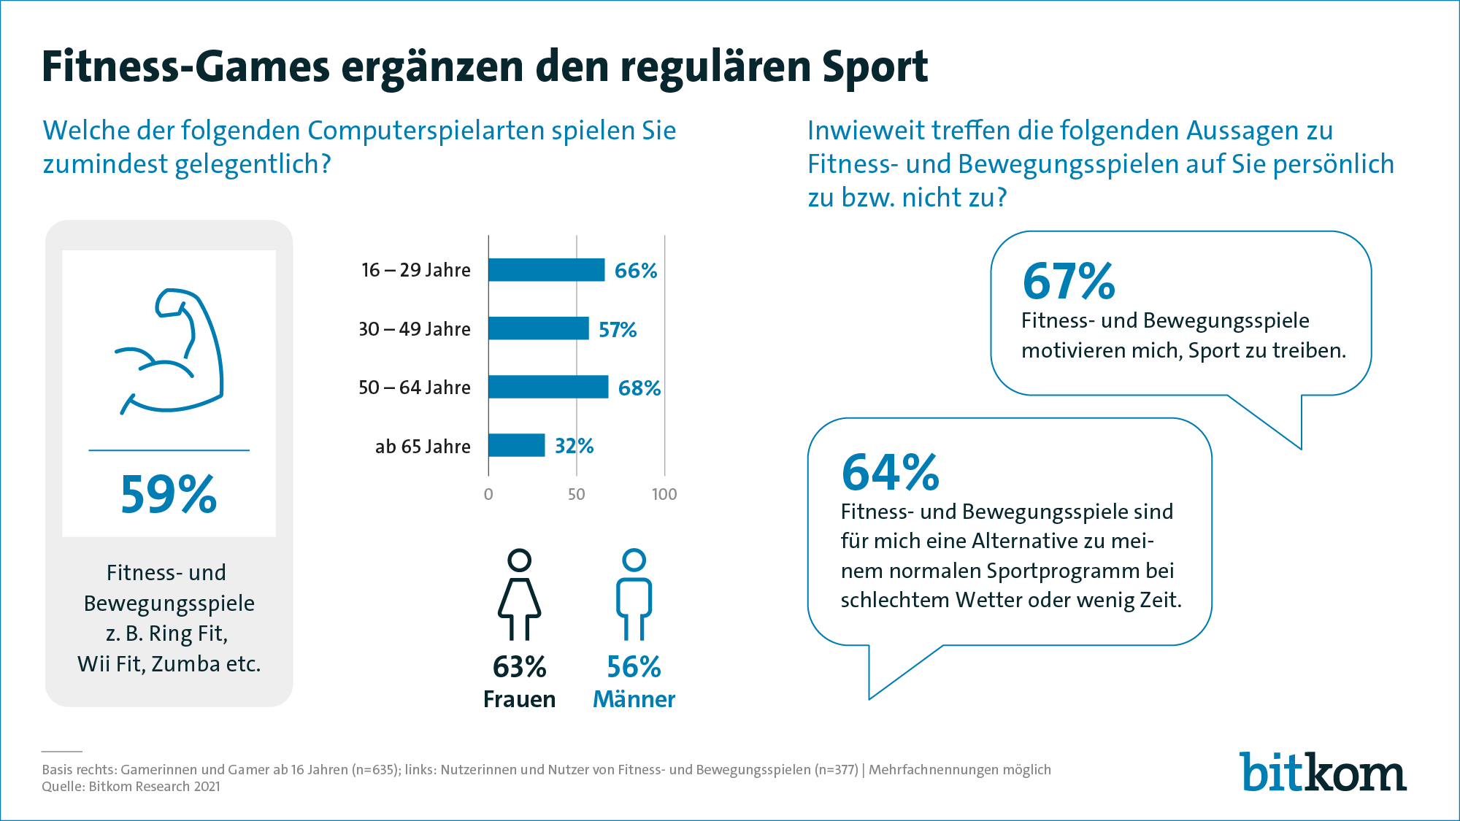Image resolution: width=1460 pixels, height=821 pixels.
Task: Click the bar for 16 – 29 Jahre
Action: click(x=546, y=270)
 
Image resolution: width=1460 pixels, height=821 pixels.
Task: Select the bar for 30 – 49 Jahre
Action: click(x=538, y=328)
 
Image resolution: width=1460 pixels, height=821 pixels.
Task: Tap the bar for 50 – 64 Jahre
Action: click(x=547, y=387)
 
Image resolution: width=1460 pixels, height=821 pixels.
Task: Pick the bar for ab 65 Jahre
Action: click(x=516, y=445)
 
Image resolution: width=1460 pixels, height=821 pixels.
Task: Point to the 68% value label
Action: click(x=639, y=388)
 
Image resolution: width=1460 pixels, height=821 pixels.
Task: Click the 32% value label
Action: click(x=574, y=446)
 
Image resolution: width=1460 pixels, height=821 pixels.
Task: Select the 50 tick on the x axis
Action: click(x=576, y=494)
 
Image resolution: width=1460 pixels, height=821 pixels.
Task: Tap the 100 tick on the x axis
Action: click(x=664, y=494)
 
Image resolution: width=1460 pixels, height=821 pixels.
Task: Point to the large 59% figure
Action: click(x=169, y=495)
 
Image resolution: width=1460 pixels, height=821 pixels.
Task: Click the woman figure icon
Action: click(x=519, y=594)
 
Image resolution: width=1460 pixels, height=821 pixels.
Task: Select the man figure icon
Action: click(x=634, y=594)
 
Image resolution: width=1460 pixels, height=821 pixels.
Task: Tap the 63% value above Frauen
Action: click(x=519, y=667)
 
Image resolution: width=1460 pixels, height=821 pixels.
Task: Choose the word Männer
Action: click(x=634, y=699)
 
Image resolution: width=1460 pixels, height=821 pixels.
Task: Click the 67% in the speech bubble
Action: click(x=1069, y=282)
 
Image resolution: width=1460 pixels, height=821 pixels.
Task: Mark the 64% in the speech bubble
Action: click(x=890, y=472)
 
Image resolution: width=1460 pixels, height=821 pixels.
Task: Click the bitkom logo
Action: click(x=1322, y=772)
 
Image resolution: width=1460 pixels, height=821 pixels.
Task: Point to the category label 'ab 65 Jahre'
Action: click(x=423, y=446)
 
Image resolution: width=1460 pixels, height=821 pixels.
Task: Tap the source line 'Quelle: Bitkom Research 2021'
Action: click(x=131, y=787)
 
